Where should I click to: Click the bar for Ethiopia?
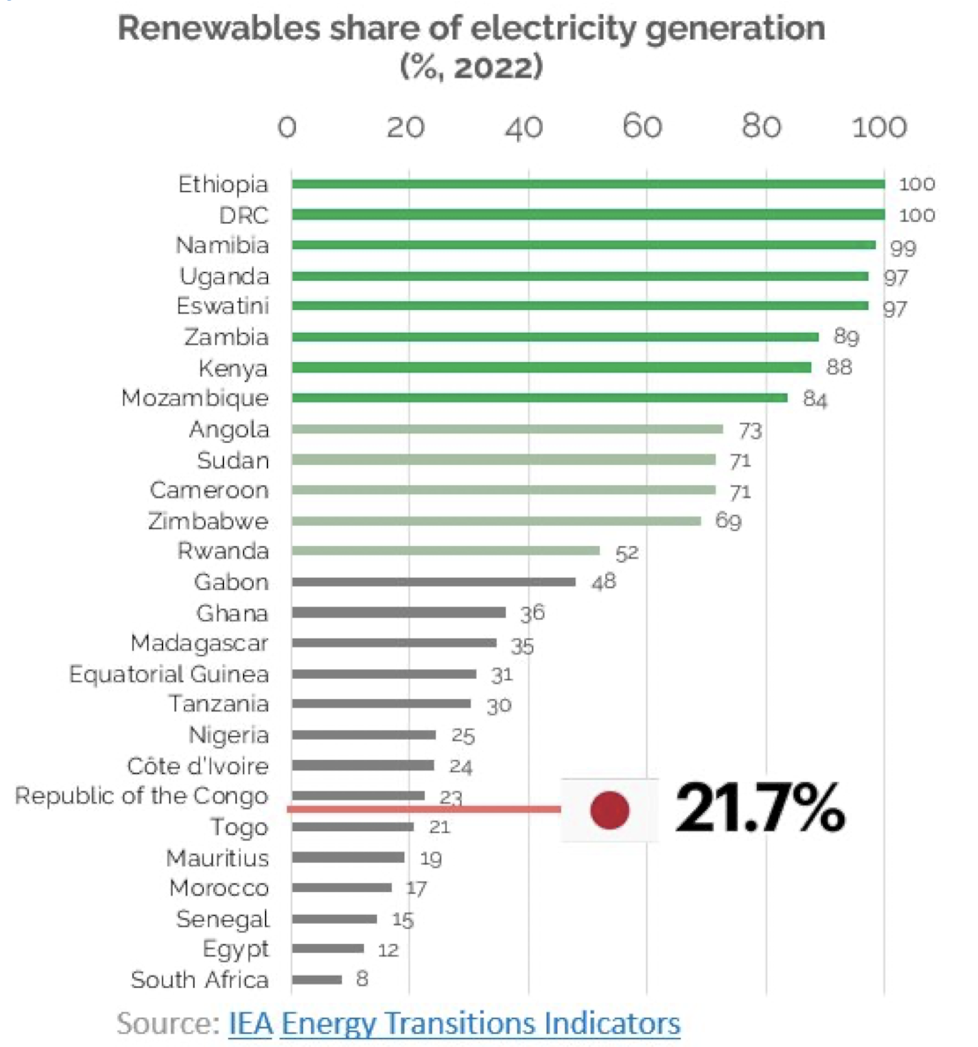(x=588, y=184)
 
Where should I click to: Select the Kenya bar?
(x=552, y=367)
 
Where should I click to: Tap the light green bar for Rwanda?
(x=446, y=551)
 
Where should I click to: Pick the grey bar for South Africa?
(x=317, y=979)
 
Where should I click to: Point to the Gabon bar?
(x=433, y=582)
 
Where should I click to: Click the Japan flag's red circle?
(x=610, y=810)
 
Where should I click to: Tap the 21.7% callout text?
(x=759, y=808)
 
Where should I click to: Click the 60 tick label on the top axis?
(x=641, y=128)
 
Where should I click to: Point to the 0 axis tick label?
(x=287, y=128)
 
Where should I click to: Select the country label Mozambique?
(x=195, y=398)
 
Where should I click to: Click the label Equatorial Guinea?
(x=168, y=675)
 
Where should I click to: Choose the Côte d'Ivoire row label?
(x=197, y=766)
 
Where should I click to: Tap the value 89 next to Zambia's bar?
(x=846, y=337)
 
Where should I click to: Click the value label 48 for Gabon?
(x=604, y=582)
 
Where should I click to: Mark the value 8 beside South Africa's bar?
(x=361, y=979)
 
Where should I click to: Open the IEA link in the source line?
(x=250, y=1023)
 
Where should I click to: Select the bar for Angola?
(x=508, y=429)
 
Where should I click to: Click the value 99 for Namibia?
(x=902, y=248)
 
